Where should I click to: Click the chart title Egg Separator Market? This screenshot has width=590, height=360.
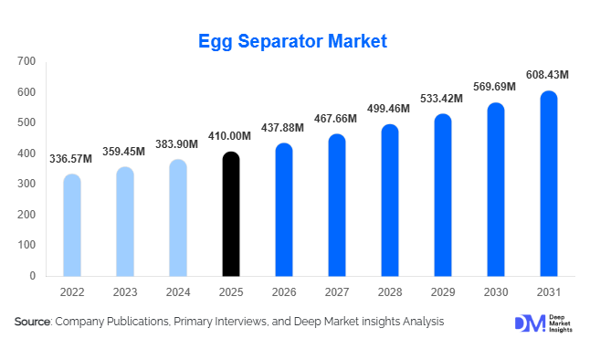coord(294,41)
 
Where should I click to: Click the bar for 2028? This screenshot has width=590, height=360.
coord(390,200)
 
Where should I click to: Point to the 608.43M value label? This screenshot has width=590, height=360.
coord(550,74)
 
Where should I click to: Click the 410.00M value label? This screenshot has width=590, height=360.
coord(231,135)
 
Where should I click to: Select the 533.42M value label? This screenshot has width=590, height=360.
coord(444,98)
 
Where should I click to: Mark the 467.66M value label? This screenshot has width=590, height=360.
coord(338,118)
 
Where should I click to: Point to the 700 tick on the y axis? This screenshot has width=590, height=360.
coord(26,61)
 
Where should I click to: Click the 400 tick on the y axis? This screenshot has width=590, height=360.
coord(26,154)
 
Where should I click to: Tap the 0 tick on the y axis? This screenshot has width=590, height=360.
coord(32,276)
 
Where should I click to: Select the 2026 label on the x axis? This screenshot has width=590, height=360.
coord(284,292)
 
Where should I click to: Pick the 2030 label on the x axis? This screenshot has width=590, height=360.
coord(496,292)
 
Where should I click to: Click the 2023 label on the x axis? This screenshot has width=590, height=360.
coord(125,292)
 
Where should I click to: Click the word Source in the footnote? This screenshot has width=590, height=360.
coord(32,322)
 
